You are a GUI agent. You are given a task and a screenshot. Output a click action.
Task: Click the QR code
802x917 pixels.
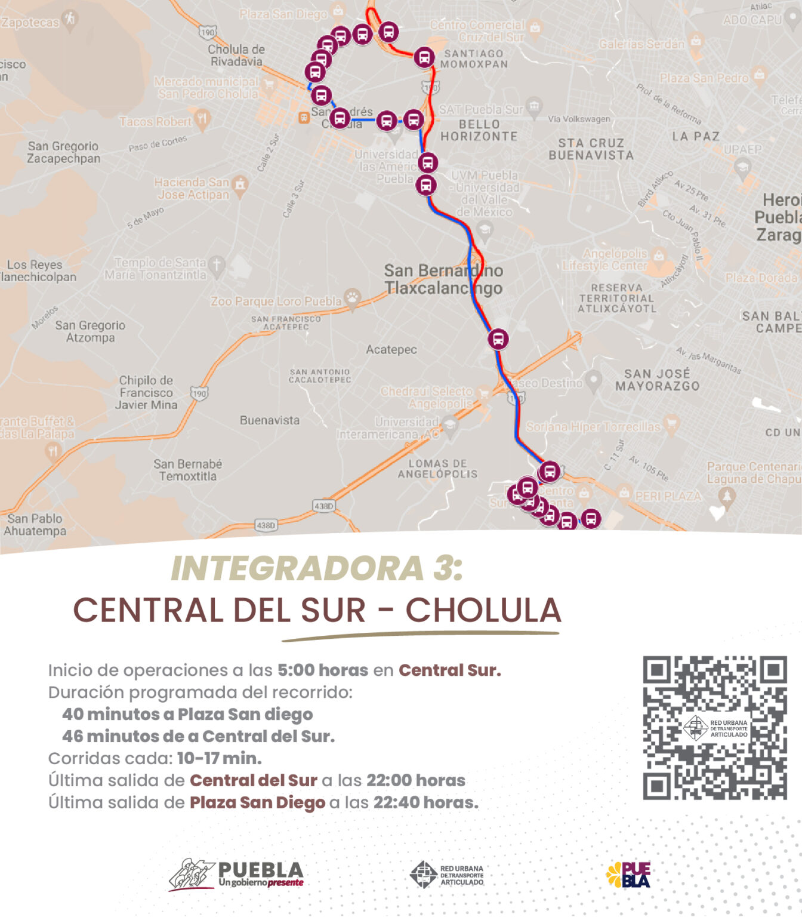[x=714, y=728]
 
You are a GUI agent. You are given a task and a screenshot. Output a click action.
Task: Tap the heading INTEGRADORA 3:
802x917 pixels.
[x=317, y=568]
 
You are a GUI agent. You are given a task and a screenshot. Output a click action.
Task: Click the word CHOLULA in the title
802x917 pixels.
[x=483, y=610]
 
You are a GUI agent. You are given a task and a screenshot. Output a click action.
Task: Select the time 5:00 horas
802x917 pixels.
[x=322, y=670]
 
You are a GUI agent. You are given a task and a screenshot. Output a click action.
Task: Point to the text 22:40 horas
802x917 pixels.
[x=425, y=802]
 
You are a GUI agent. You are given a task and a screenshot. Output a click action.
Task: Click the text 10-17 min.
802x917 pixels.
[x=219, y=758]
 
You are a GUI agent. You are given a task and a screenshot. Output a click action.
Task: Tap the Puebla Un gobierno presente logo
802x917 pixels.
[x=236, y=875]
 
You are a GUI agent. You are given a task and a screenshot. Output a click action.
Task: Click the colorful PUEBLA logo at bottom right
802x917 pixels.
[x=628, y=875]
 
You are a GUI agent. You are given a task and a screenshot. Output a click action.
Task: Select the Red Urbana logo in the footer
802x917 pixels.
[x=447, y=875]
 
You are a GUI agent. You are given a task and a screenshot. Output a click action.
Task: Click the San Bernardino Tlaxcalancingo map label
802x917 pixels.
[x=443, y=279]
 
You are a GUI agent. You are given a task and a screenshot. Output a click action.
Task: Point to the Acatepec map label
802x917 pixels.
[x=391, y=349]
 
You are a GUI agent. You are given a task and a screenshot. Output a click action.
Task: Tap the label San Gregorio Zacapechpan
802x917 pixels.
[x=63, y=152]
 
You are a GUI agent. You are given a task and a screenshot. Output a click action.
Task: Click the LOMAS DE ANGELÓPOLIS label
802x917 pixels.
[x=437, y=469]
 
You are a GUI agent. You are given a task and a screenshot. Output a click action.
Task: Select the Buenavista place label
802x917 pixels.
[x=270, y=420]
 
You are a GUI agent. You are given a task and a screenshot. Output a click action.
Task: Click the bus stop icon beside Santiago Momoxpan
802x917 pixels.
[x=424, y=57]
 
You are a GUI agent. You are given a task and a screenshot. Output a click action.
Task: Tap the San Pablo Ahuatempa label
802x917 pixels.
[x=35, y=525]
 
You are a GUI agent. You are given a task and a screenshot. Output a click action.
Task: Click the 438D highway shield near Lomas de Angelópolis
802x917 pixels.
[x=323, y=506]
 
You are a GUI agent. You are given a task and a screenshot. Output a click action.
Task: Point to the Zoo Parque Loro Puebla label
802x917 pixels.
[x=276, y=301]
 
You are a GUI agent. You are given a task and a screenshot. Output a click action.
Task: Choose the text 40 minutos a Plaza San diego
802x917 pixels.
[x=187, y=714]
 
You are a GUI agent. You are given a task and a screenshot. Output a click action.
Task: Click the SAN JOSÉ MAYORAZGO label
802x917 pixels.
[x=657, y=380]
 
